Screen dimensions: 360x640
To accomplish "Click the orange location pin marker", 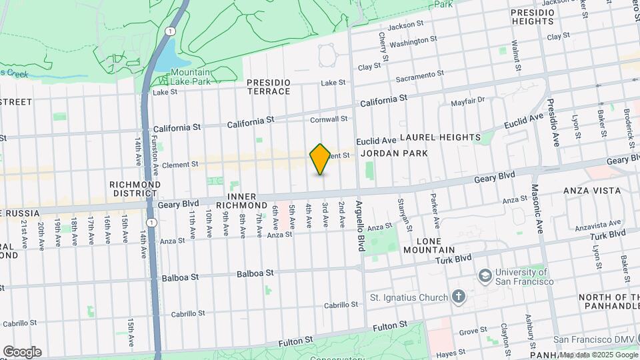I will [x=321, y=159].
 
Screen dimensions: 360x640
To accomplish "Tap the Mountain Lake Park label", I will [x=190, y=77].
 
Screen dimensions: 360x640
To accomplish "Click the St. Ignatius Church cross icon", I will [x=458, y=296].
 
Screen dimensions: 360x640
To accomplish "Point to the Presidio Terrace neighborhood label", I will [x=269, y=87].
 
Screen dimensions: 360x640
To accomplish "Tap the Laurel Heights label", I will [x=439, y=137].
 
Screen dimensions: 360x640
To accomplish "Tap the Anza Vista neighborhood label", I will [x=592, y=191].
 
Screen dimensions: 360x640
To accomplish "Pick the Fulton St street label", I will [x=389, y=326].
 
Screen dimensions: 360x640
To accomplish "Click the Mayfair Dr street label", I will [x=467, y=102].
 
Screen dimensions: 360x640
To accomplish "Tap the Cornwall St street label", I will [x=329, y=119].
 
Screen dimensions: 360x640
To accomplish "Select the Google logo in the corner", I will [x=22, y=352].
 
